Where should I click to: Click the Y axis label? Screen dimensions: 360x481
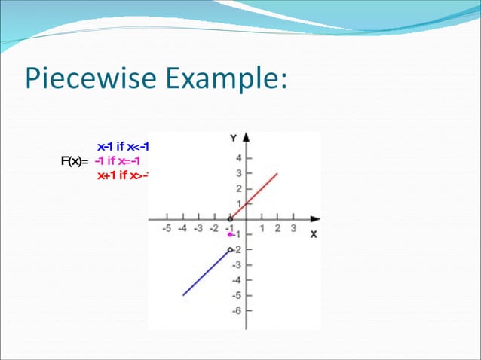coord(234,138)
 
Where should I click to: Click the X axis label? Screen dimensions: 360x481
coord(314,234)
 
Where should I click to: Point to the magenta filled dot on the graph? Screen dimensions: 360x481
coord(230,235)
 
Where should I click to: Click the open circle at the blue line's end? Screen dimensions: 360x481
coord(230,249)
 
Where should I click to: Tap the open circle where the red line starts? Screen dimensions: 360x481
coord(230,219)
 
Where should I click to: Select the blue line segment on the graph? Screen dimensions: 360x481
coord(205,273)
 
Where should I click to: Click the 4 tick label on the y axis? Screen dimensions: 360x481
coord(239,159)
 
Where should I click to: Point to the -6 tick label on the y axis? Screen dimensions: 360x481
coord(237,310)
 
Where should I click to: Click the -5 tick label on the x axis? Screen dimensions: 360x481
coord(167,228)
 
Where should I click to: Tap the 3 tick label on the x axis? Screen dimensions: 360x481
coord(293,228)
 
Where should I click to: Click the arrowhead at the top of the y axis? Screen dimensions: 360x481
coord(246,138)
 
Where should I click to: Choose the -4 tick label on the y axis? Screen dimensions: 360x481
coord(237,280)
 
